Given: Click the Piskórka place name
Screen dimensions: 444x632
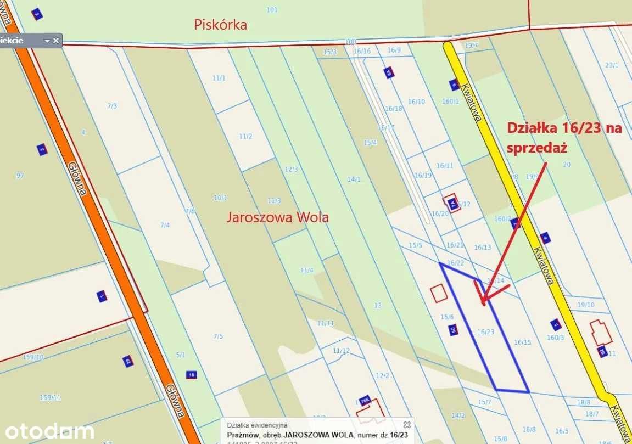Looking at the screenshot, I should (x=221, y=25).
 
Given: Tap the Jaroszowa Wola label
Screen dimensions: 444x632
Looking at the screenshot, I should (x=278, y=217).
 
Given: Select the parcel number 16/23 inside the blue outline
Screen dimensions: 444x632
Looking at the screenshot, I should (x=485, y=331).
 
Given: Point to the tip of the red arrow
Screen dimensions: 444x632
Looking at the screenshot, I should (x=483, y=304).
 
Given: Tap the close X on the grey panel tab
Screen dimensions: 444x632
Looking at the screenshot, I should (x=56, y=41).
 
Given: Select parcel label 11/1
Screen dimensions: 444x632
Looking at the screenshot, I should (x=219, y=78).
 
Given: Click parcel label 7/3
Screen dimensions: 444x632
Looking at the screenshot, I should (x=112, y=106).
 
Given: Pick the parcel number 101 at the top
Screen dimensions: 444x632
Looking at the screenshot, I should (x=272, y=10).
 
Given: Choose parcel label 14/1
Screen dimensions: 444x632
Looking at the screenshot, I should (x=354, y=179).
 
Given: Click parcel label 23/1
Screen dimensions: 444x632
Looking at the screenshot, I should (x=612, y=65).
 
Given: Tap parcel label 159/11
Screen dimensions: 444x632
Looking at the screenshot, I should (x=50, y=397).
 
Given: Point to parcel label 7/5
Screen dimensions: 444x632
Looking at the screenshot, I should (x=219, y=336).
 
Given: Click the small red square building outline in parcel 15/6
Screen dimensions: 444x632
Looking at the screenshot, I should (x=439, y=294).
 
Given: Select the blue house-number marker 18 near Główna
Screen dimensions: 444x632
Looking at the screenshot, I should (x=191, y=375).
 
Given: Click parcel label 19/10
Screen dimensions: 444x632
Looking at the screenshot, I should (x=586, y=305).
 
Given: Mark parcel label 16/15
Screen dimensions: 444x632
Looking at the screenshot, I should (x=522, y=342).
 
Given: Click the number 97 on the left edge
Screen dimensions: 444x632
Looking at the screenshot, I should (x=20, y=176).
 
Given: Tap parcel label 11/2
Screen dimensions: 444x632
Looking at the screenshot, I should (x=245, y=136).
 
